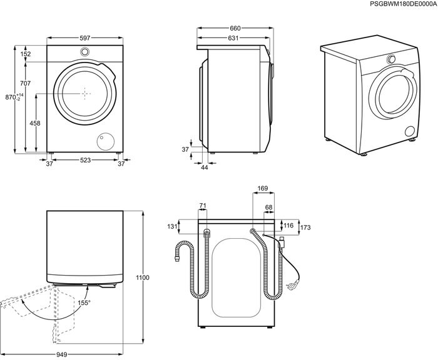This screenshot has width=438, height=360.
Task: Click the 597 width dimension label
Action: coord(85,37)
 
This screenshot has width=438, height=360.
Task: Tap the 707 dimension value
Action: coord(26,83)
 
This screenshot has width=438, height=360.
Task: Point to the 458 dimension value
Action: coord(35,123)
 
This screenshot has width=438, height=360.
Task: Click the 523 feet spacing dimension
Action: coord(85,160)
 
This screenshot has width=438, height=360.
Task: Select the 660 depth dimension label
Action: coord(235,28)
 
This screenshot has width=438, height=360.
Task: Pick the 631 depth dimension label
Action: coord(233,38)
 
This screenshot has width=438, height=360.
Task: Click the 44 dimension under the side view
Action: coord(205,167)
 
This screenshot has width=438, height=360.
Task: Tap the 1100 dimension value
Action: coord(143,277)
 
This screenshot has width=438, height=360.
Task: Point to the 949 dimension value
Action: coord(62,354)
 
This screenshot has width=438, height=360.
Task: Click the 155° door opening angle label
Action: coord(84,302)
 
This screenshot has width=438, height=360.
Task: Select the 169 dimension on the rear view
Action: coord(263,188)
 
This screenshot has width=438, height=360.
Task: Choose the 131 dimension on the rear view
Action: coord(172,226)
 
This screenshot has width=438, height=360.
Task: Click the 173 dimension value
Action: coord(305,227)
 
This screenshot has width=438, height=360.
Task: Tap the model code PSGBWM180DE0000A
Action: coord(403,4)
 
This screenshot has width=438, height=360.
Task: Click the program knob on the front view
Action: coord(84,52)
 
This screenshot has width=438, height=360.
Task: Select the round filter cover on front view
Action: coord(105,141)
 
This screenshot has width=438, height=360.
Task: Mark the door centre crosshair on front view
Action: coord(84,93)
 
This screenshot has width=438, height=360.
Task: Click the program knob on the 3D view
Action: coord(391,59)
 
